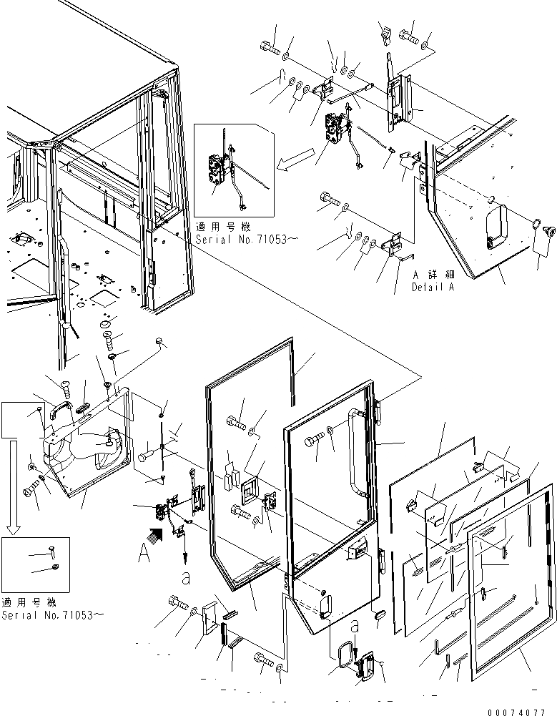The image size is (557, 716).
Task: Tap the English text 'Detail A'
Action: [x=432, y=287]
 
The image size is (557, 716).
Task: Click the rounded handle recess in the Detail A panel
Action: [x=494, y=225]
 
